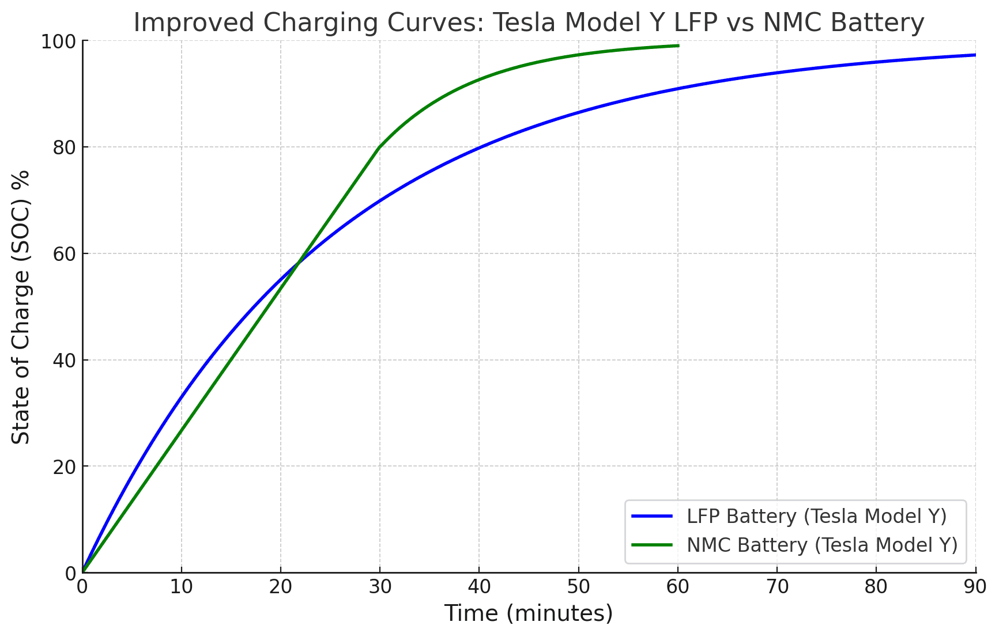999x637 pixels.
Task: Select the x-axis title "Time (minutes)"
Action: tap(528, 613)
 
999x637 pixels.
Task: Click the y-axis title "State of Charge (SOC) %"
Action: tap(21, 306)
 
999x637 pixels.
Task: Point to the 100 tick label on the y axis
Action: tap(59, 41)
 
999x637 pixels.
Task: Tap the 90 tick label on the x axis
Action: tap(975, 587)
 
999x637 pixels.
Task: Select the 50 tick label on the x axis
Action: tap(578, 587)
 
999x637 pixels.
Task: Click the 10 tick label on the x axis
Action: tap(182, 587)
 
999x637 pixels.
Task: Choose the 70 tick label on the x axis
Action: tap(777, 587)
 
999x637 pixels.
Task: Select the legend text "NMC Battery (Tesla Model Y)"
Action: tap(822, 544)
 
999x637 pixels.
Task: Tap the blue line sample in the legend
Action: tap(652, 516)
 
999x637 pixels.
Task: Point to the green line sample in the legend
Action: tap(652, 544)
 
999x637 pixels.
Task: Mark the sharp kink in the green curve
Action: tap(380, 147)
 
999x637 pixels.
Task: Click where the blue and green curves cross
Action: tap(298, 264)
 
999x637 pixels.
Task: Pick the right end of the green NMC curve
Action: tap(678, 45)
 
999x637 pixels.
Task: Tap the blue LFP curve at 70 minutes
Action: tap(777, 73)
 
